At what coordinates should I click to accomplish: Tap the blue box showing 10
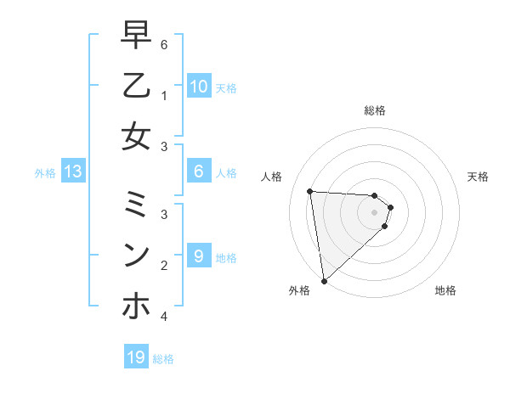(x=198, y=86)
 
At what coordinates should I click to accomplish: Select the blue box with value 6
(x=198, y=171)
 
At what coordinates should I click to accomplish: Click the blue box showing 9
(x=198, y=256)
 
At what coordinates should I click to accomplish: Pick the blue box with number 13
(x=73, y=171)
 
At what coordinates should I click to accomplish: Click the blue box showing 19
(x=136, y=357)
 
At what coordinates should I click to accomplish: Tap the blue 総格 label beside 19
(x=164, y=358)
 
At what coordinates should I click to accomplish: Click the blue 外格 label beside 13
(x=45, y=172)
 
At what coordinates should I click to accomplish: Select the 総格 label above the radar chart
(x=374, y=110)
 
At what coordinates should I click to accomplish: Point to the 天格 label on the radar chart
(x=478, y=177)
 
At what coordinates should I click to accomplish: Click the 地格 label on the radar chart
(x=445, y=290)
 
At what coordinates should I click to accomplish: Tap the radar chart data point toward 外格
(x=324, y=280)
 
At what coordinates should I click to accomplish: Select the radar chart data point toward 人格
(x=310, y=191)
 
